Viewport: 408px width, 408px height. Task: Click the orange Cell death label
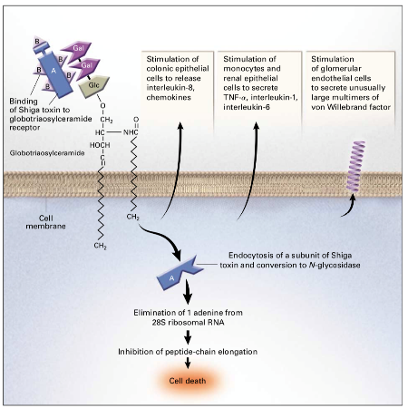click(x=188, y=381)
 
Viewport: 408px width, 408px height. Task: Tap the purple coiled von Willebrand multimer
click(x=355, y=166)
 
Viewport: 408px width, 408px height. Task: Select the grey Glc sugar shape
click(x=93, y=86)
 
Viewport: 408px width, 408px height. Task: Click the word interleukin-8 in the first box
click(x=170, y=88)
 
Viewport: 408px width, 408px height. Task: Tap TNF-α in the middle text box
click(x=235, y=97)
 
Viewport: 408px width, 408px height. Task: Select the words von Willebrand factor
click(x=351, y=107)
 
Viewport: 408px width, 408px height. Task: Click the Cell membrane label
click(x=45, y=222)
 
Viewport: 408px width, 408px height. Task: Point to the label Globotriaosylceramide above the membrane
click(x=47, y=153)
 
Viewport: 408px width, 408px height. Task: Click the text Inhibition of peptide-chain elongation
click(x=188, y=352)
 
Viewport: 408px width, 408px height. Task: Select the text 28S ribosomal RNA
click(x=188, y=322)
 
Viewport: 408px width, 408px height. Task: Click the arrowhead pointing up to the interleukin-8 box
click(x=180, y=126)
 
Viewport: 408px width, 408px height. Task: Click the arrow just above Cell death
click(x=188, y=363)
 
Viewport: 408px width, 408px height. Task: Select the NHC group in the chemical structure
click(x=131, y=132)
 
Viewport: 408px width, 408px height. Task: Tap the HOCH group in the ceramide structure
click(x=100, y=145)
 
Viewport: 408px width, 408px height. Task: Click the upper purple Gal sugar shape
click(x=76, y=50)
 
